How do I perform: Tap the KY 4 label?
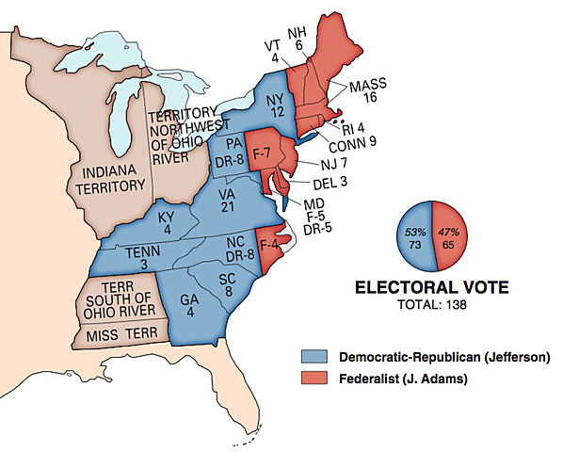coord(167,222)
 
